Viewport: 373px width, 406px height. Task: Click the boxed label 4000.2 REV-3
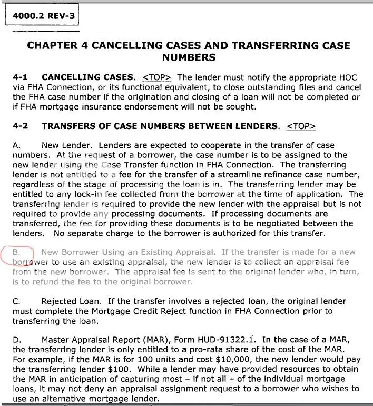click(41, 16)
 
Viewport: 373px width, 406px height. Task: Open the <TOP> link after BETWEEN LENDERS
click(301, 126)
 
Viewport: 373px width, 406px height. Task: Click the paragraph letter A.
click(16, 145)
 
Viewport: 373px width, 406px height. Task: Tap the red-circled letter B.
click(16, 253)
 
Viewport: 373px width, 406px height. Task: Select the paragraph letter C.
click(16, 302)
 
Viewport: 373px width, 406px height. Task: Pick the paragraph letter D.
click(16, 341)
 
